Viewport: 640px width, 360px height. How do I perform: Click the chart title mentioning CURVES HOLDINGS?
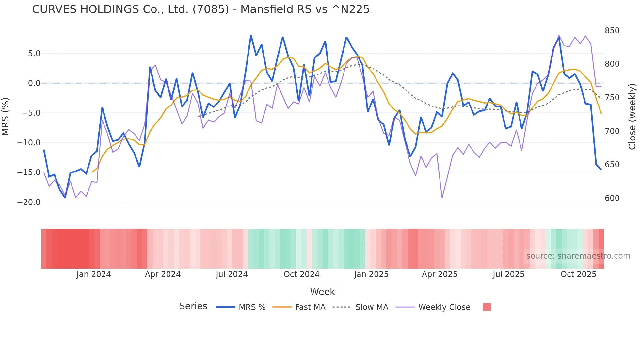click(x=200, y=9)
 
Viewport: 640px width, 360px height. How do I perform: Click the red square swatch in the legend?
click(x=487, y=307)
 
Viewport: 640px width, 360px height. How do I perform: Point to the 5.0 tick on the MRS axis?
click(x=34, y=54)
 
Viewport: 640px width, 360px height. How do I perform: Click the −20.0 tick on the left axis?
click(x=29, y=202)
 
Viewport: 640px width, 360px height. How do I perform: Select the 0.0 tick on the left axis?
click(x=34, y=83)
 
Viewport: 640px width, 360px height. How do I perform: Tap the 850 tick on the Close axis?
click(x=612, y=31)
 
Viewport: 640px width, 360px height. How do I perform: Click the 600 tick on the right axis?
click(x=612, y=198)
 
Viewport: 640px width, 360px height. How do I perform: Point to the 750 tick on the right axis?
click(x=612, y=98)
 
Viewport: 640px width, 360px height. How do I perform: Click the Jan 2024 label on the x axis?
click(x=94, y=274)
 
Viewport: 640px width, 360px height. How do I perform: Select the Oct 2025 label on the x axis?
click(x=578, y=274)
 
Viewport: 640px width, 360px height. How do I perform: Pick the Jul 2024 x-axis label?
click(x=232, y=274)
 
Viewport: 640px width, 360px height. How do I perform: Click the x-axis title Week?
click(x=322, y=292)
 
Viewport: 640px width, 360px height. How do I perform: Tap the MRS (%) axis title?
click(x=6, y=116)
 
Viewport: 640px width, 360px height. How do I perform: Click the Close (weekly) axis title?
click(x=632, y=116)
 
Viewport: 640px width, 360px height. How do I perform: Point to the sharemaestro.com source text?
click(x=578, y=256)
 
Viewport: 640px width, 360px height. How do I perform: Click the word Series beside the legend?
click(x=193, y=306)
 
